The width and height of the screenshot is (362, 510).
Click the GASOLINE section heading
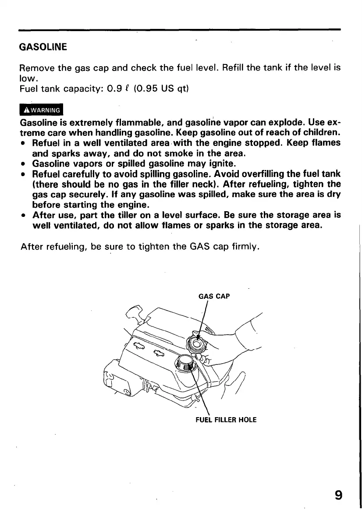tap(43, 46)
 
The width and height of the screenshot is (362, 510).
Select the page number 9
tap(337, 495)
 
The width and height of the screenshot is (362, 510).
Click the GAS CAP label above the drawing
tap(215, 296)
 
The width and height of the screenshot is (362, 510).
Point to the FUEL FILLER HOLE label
tap(226, 420)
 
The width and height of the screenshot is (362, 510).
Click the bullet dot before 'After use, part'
tap(23, 216)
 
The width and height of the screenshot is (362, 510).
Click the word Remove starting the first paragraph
tap(38, 69)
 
